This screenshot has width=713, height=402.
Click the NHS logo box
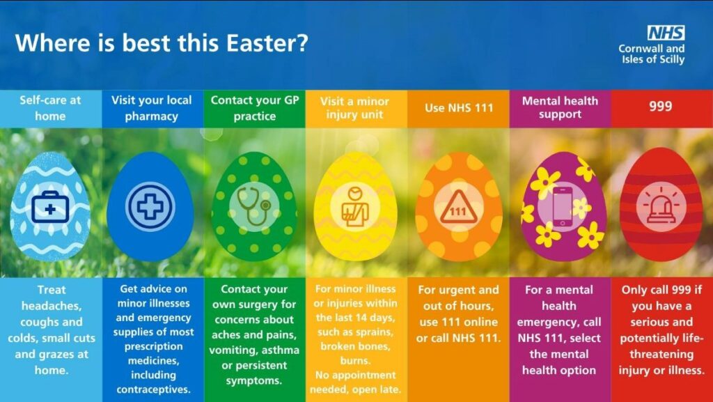click(666, 33)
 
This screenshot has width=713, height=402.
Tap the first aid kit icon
click(50, 208)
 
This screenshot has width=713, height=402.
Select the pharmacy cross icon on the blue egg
click(150, 206)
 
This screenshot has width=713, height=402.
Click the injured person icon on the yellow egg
click(355, 207)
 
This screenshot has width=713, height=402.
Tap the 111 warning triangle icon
click(458, 208)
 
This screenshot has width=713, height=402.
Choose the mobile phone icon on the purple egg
click(563, 207)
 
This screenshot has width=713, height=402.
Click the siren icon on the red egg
click(661, 207)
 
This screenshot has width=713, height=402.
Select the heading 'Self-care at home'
click(50, 108)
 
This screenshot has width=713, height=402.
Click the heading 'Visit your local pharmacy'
click(151, 108)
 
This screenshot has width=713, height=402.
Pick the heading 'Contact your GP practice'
click(255, 108)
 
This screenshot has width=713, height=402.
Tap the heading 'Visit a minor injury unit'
click(354, 108)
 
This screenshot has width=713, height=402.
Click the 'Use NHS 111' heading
click(459, 108)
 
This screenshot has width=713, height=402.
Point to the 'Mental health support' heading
click(560, 108)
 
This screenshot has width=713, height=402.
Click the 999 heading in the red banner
click(660, 107)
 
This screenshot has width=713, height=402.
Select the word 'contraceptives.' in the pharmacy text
click(153, 389)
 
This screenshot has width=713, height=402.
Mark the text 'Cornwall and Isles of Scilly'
click(652, 54)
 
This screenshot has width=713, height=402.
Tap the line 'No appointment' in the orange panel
click(356, 375)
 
